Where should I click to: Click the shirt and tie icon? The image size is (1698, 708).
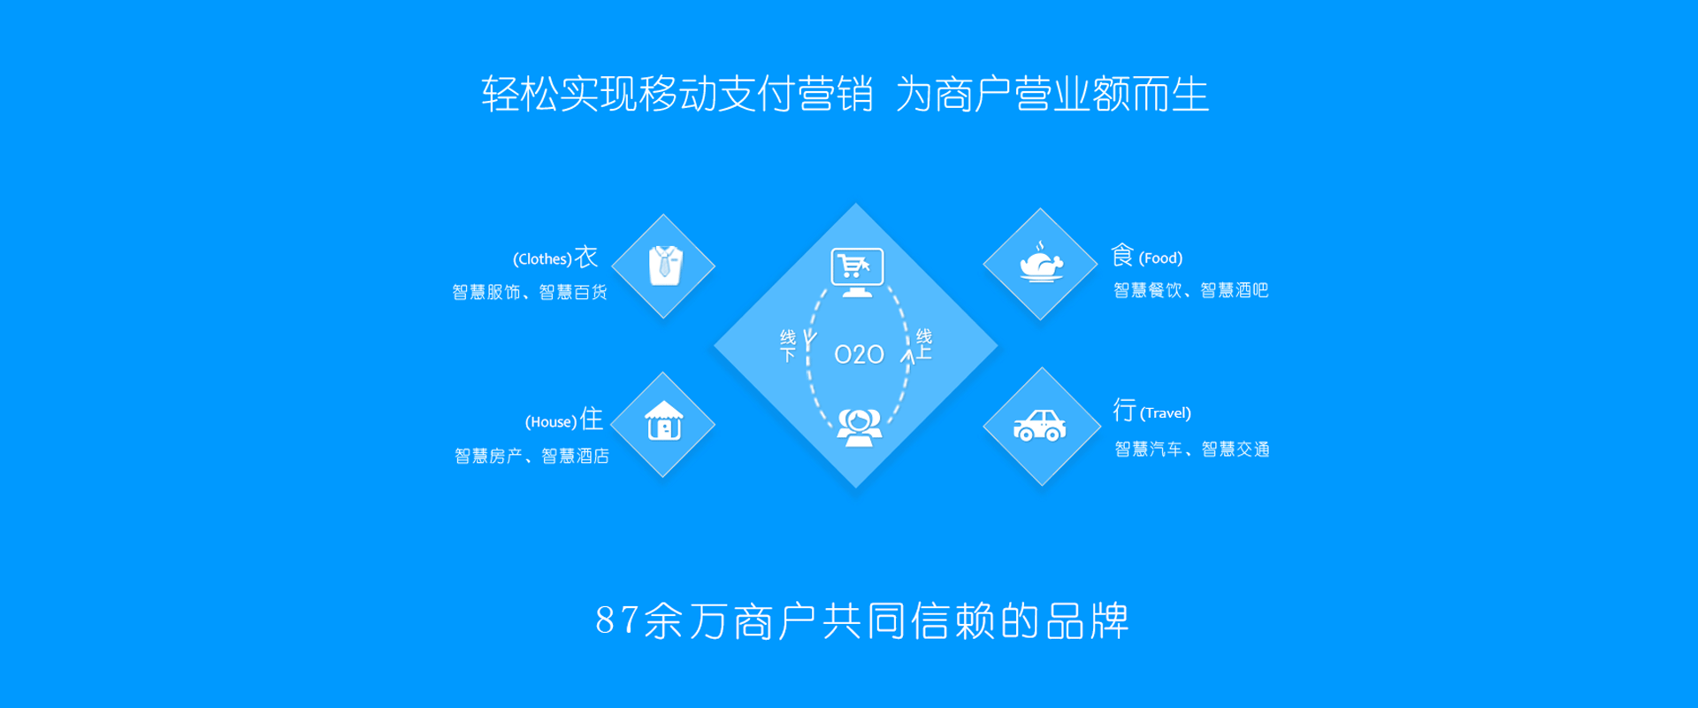(665, 265)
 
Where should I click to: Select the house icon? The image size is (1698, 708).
(664, 421)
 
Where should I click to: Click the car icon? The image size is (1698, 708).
(1040, 426)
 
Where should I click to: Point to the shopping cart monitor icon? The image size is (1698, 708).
(857, 273)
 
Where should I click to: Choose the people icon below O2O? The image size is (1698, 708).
(859, 428)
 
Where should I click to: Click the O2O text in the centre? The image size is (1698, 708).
(859, 355)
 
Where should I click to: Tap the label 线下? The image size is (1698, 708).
(788, 346)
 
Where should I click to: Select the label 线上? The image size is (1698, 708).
(924, 344)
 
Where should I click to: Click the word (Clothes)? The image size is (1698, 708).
(542, 259)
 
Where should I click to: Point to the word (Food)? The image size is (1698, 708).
(1160, 258)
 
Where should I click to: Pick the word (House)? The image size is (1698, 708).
(551, 422)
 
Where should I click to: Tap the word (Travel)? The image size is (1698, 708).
(1166, 413)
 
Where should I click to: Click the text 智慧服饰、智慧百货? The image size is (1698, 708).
(530, 292)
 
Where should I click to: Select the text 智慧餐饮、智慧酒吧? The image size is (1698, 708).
(1190, 290)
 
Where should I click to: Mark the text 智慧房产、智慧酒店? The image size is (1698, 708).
(532, 456)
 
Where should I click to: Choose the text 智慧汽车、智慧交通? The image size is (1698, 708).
(1191, 450)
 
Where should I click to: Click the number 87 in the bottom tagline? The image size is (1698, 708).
(616, 620)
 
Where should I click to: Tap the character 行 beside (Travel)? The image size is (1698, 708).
(1124, 410)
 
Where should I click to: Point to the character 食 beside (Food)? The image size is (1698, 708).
(1122, 255)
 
